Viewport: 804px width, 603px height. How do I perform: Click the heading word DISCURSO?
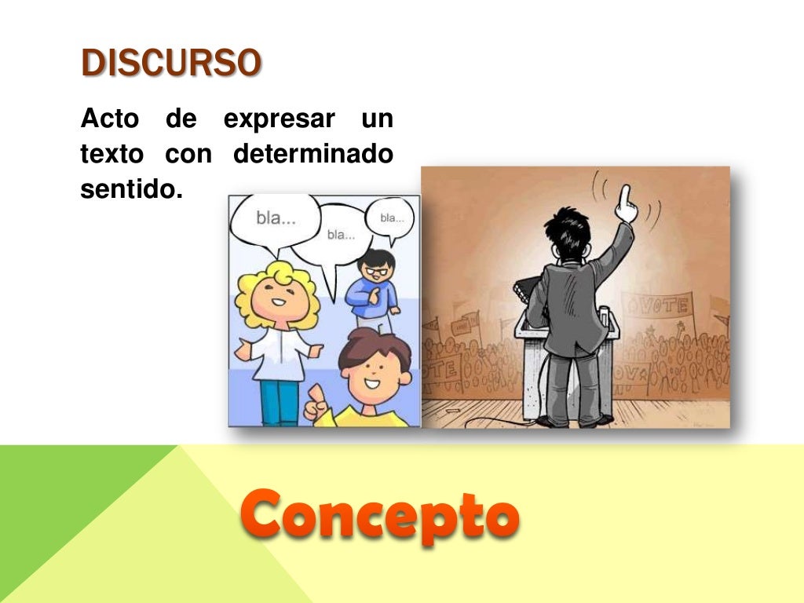click(x=171, y=64)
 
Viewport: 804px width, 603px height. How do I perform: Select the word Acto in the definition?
click(x=110, y=120)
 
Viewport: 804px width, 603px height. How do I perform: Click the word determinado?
click(x=313, y=155)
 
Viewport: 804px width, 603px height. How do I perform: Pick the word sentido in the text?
click(x=130, y=189)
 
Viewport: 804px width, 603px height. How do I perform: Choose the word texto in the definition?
click(x=111, y=155)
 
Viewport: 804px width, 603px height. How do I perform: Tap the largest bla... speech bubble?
click(x=274, y=221)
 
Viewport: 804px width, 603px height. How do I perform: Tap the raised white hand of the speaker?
click(x=625, y=203)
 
